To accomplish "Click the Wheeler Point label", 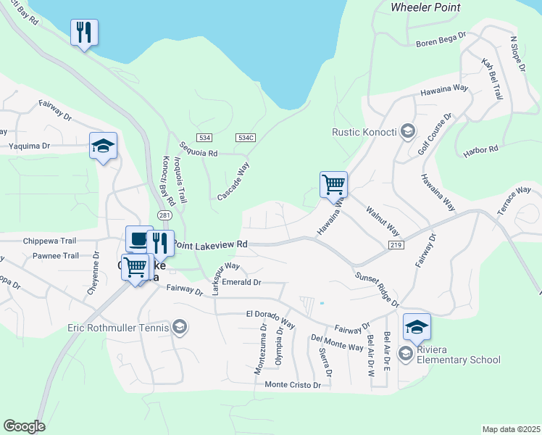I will [425, 7].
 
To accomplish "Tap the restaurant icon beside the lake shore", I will [84, 32].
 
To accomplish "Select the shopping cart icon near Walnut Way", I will [333, 184].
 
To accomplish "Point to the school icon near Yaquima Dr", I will [103, 146].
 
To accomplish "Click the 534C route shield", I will [246, 137].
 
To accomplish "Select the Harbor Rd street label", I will [480, 151].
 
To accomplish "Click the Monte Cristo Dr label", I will [293, 385].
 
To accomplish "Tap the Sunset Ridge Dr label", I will [378, 289].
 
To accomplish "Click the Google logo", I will [24, 426].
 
